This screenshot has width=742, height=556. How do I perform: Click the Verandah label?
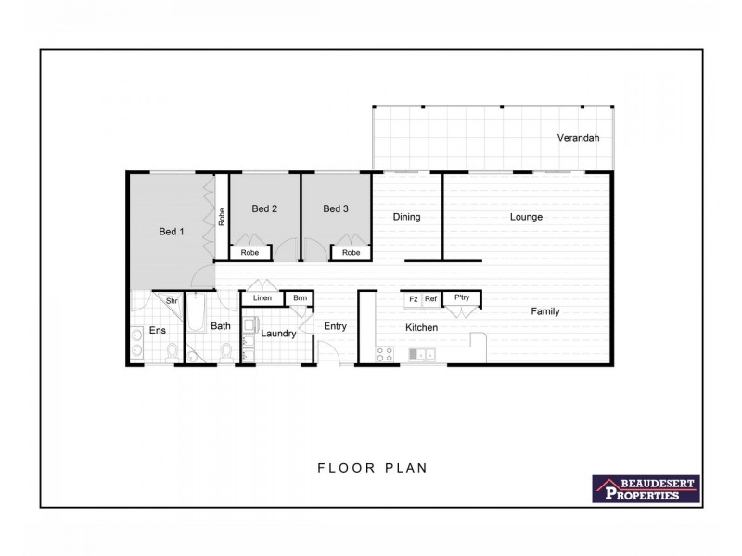pyautogui.click(x=578, y=138)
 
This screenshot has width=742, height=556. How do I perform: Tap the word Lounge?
pyautogui.click(x=526, y=217)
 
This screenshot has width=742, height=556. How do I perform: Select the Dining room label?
pyautogui.click(x=406, y=217)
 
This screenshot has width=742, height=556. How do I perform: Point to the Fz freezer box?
pyautogui.click(x=413, y=299)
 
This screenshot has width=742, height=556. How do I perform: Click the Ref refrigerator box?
pyautogui.click(x=430, y=299)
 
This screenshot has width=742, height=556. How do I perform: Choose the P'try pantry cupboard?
pyautogui.click(x=461, y=298)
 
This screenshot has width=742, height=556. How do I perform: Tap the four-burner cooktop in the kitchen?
pyautogui.click(x=384, y=354)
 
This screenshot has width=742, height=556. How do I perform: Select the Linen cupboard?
pyautogui.click(x=262, y=297)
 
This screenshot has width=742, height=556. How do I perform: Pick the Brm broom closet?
pyautogui.click(x=299, y=297)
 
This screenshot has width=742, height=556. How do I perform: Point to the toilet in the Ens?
pyautogui.click(x=172, y=352)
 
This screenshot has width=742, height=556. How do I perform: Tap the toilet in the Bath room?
pyautogui.click(x=226, y=352)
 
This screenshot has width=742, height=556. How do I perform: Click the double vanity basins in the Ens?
pyautogui.click(x=135, y=343)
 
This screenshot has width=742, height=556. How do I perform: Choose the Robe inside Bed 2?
pyautogui.click(x=250, y=252)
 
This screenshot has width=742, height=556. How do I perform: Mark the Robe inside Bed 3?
pyautogui.click(x=351, y=252)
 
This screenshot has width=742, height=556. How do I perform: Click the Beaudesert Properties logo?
pyautogui.click(x=646, y=489)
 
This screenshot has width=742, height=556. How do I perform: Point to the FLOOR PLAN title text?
pyautogui.click(x=372, y=468)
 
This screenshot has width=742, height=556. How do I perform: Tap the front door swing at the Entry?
pyautogui.click(x=329, y=353)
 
